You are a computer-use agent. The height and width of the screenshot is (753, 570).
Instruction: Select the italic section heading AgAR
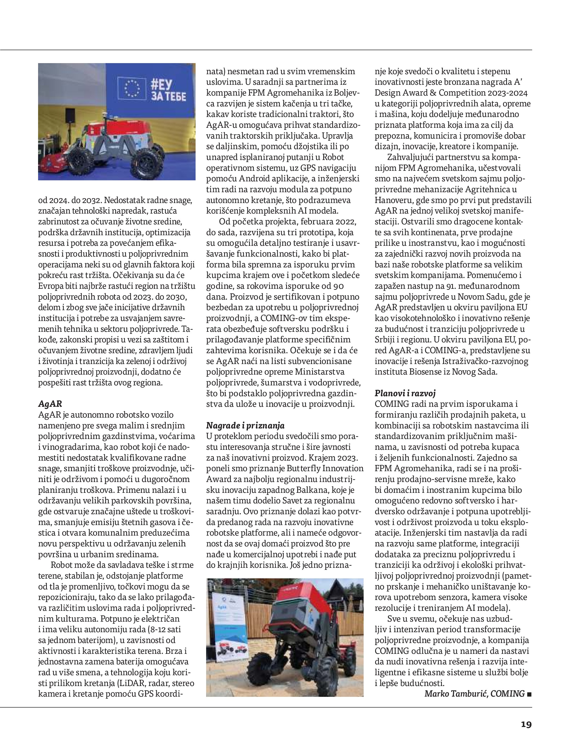tap(50, 404)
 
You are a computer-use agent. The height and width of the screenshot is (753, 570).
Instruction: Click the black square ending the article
tap(529, 694)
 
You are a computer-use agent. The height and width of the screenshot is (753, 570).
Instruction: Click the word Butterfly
tap(304, 468)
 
